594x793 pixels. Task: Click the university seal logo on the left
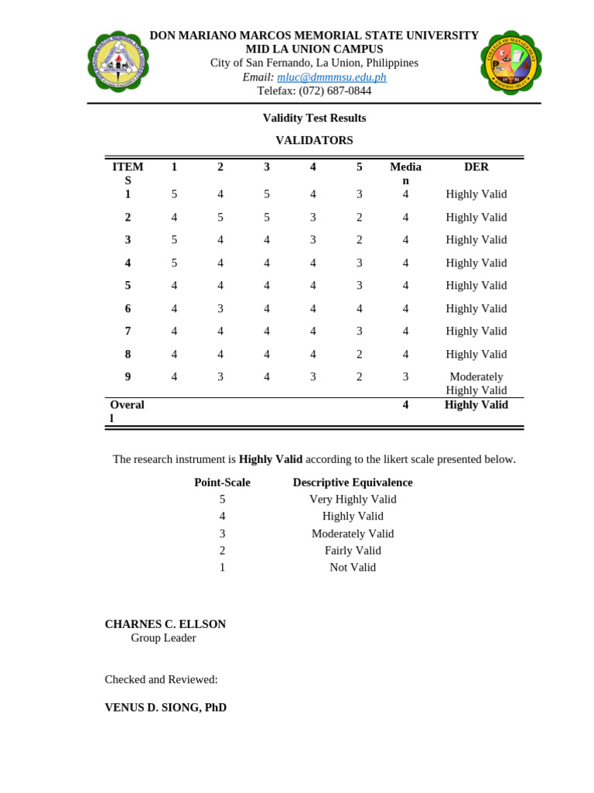(118, 62)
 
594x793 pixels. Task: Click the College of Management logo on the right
(510, 63)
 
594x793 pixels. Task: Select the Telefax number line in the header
(314, 91)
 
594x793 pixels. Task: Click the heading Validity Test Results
(314, 118)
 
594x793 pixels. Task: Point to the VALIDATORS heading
(314, 140)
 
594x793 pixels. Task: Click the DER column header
(476, 166)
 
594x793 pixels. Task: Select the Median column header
(405, 173)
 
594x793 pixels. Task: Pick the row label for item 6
(128, 308)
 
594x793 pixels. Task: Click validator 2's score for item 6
(220, 308)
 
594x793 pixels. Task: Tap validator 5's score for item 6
(360, 308)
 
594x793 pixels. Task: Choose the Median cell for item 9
(405, 376)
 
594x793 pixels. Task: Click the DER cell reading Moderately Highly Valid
(476, 383)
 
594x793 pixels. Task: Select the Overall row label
(127, 411)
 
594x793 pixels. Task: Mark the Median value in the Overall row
(405, 404)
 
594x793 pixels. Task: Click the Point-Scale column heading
(222, 482)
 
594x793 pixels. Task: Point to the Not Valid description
(353, 567)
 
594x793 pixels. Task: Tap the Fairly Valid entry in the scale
(353, 550)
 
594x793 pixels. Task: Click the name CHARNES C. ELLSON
(166, 624)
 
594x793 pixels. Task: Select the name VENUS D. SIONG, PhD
(166, 707)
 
